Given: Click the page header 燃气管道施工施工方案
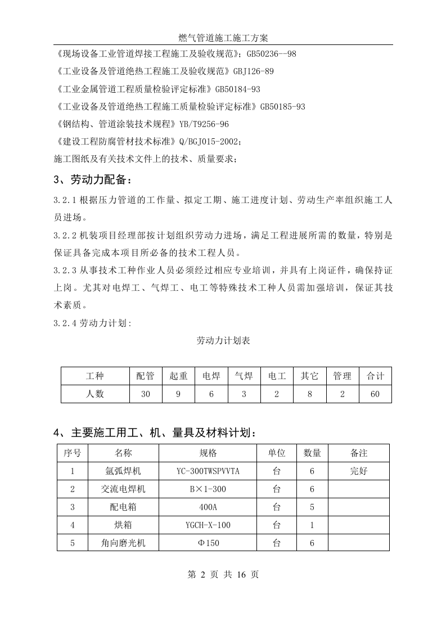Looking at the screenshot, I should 223,38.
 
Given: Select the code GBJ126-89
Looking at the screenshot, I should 253,71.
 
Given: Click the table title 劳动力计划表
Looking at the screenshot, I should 223,341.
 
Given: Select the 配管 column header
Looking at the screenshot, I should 145,376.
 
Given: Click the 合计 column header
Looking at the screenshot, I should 375,376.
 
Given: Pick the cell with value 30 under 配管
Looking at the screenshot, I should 145,394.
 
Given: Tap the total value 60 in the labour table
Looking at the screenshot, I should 375,394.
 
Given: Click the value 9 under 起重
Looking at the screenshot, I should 178,394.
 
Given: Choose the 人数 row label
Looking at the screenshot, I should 95,394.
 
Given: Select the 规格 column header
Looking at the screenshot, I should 208,453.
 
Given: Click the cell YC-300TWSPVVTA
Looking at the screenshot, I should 208,471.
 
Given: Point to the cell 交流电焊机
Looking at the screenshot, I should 123,489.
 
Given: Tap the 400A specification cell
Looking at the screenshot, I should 208,507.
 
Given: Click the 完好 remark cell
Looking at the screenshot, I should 358,471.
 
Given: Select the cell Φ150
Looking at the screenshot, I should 208,543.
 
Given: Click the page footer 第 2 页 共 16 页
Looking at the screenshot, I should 223,575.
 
